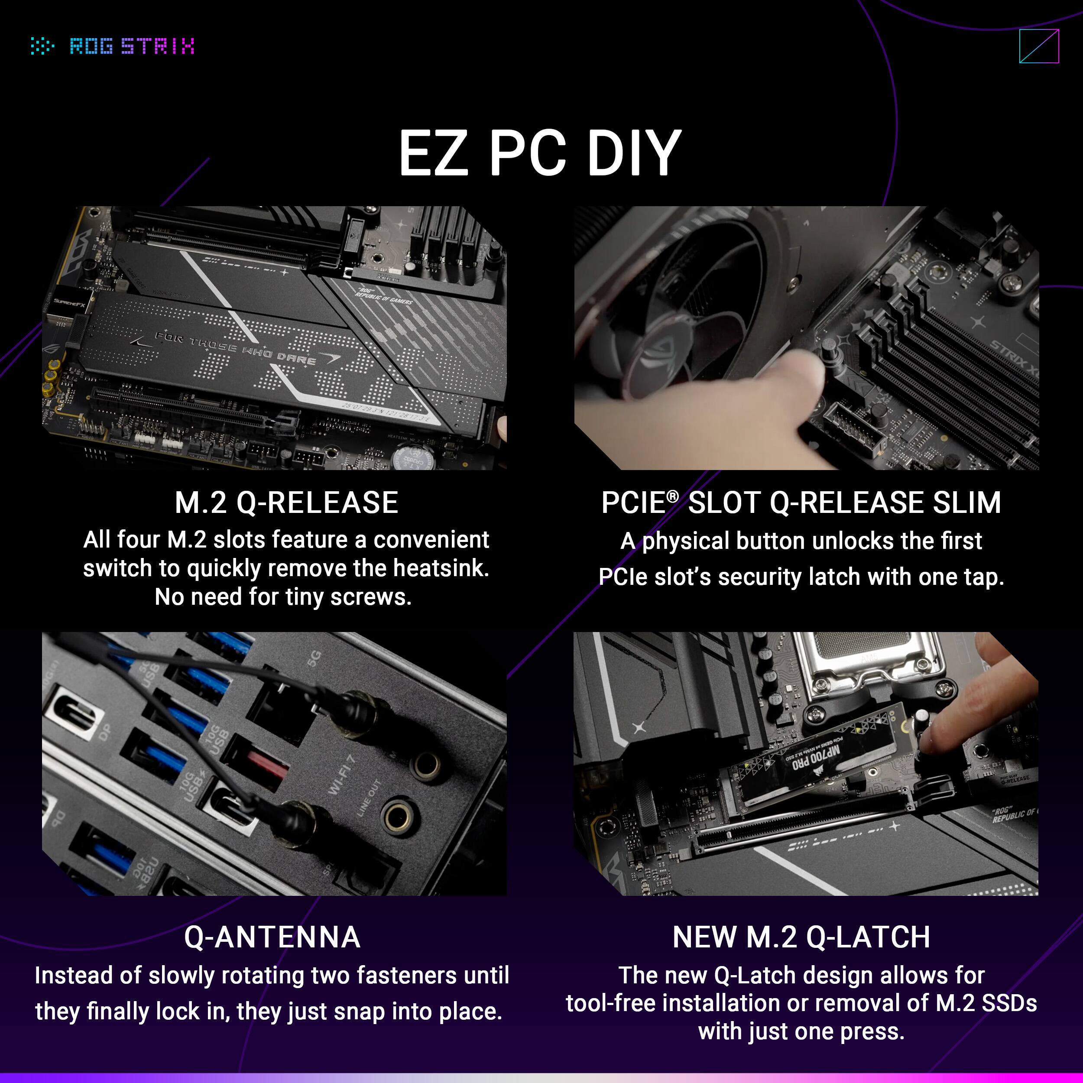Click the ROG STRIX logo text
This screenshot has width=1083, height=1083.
point(132,46)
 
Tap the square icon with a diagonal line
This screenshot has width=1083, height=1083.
point(1039,46)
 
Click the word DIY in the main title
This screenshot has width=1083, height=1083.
point(633,152)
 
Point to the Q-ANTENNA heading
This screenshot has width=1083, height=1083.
point(272,937)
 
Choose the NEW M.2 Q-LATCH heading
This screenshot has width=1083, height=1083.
point(801,937)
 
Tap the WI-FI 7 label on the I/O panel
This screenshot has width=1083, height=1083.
point(342,774)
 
